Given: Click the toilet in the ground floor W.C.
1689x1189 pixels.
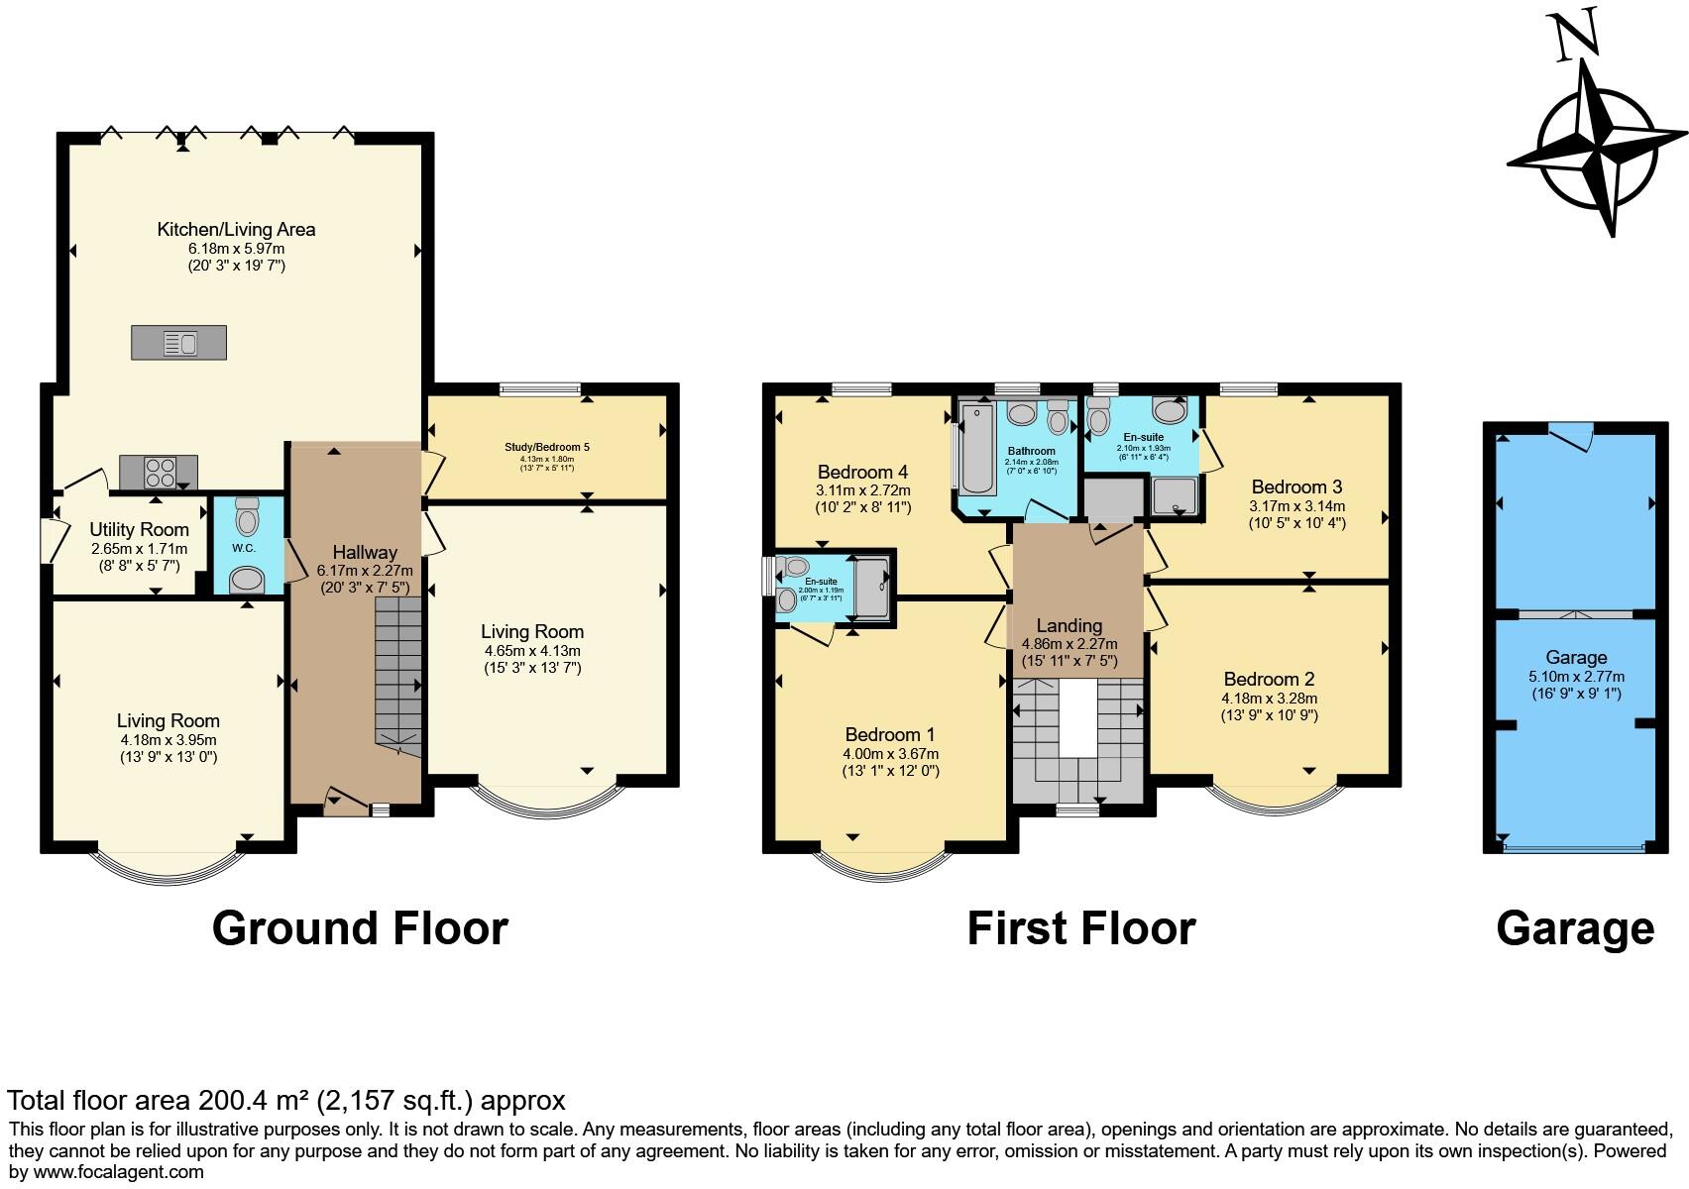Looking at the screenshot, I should tap(246, 518).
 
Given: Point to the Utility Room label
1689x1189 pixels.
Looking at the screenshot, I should tap(139, 529).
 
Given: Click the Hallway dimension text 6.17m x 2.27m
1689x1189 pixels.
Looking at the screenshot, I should tap(365, 571).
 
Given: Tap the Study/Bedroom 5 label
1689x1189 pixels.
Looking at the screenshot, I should tap(546, 447).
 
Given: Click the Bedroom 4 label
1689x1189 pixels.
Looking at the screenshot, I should tap(862, 472).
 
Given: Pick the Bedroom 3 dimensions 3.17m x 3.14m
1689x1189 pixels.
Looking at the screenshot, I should tap(1296, 505).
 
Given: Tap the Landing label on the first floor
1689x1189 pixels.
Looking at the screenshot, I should tap(1069, 625).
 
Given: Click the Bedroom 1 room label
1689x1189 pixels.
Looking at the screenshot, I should tap(889, 734).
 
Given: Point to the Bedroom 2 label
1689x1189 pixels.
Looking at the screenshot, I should tap(1269, 679).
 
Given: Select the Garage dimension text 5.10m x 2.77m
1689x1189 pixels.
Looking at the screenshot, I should tap(1576, 677).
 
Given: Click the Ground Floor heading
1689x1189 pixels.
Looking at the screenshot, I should tap(360, 928).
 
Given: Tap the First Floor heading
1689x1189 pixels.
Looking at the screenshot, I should tap(1080, 928).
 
